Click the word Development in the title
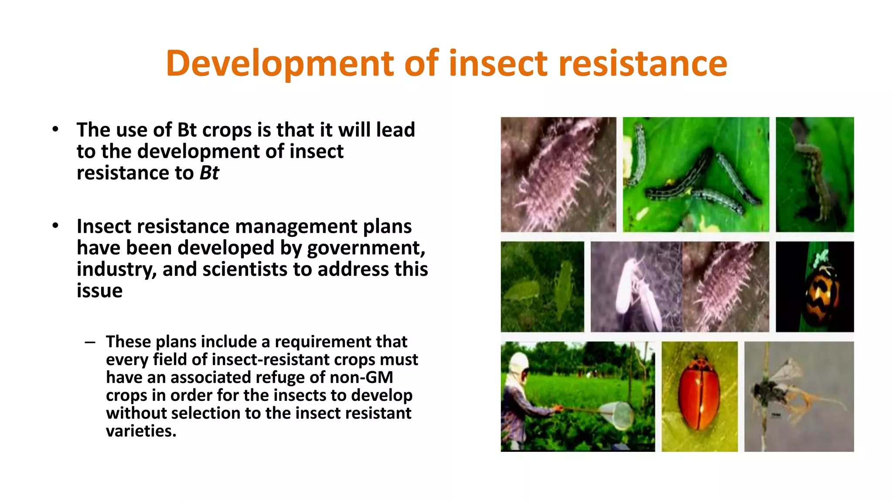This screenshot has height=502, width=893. point(279,64)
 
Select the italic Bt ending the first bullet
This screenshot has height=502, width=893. point(209,173)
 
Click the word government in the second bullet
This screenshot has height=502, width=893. point(365,248)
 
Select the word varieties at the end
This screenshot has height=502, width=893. point(141,431)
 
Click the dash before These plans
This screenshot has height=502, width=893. point(90,342)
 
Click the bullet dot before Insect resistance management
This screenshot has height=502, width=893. point(55,226)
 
